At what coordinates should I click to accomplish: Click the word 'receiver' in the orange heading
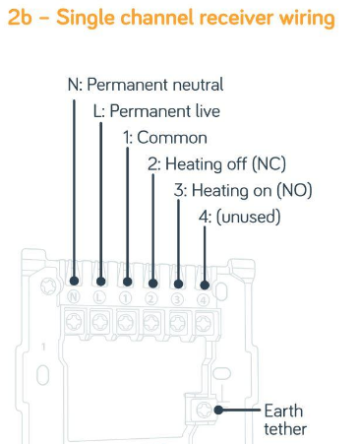(235, 17)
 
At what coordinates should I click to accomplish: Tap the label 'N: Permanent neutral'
(146, 85)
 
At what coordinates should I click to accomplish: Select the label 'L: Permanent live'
(156, 111)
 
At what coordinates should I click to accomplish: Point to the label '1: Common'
(165, 137)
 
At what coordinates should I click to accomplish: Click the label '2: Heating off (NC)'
(216, 163)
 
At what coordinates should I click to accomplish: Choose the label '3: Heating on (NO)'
(243, 190)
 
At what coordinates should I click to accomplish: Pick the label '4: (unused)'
(240, 217)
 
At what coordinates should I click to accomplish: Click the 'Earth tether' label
(285, 419)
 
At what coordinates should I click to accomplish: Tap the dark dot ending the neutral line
(75, 281)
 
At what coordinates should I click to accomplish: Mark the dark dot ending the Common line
(127, 282)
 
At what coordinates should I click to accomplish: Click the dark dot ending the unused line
(205, 285)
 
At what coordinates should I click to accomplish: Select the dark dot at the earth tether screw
(218, 410)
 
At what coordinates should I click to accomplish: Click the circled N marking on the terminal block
(74, 297)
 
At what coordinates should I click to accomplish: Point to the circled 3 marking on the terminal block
(177, 299)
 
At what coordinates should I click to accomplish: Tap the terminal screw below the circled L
(100, 322)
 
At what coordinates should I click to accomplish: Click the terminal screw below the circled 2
(151, 323)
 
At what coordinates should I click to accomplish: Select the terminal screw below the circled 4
(204, 324)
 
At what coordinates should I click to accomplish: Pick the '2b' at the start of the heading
(20, 17)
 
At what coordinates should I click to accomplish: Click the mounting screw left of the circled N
(48, 285)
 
